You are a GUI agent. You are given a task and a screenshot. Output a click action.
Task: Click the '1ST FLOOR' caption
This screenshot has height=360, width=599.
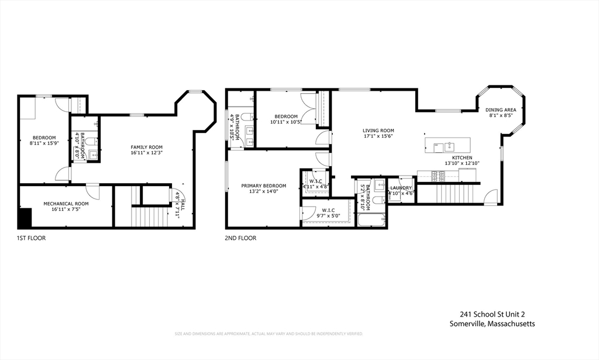(x=31, y=238)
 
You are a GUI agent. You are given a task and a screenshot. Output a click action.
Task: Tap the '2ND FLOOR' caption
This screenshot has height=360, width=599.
(x=240, y=238)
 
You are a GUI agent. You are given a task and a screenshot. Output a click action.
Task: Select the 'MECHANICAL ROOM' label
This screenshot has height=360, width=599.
(x=66, y=204)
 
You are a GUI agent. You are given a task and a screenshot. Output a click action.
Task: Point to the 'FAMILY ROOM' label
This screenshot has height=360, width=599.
(x=146, y=147)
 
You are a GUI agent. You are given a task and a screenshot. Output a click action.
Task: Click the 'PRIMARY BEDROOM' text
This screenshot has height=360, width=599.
(x=263, y=186)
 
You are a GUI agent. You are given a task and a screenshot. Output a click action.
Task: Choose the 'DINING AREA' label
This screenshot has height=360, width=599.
(x=501, y=109)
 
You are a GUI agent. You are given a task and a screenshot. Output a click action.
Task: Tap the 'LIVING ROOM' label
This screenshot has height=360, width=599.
(x=378, y=131)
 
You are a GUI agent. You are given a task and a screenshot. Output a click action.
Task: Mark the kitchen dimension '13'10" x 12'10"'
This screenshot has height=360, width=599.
(x=462, y=163)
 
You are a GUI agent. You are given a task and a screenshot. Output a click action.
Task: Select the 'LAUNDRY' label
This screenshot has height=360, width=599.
(x=401, y=188)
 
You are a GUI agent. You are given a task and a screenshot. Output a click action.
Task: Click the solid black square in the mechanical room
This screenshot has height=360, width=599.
(x=25, y=218)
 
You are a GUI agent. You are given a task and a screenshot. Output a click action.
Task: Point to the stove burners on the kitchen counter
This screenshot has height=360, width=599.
(x=437, y=174)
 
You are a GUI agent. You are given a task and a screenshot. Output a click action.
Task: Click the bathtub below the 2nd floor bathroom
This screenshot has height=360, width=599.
(x=371, y=221)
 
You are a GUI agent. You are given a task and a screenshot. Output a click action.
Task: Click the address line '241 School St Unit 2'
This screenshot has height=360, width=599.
(x=492, y=314)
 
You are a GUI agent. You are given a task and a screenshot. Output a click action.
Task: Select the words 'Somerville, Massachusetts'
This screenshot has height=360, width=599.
(x=492, y=324)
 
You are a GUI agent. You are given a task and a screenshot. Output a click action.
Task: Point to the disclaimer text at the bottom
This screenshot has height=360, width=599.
(x=268, y=334)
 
